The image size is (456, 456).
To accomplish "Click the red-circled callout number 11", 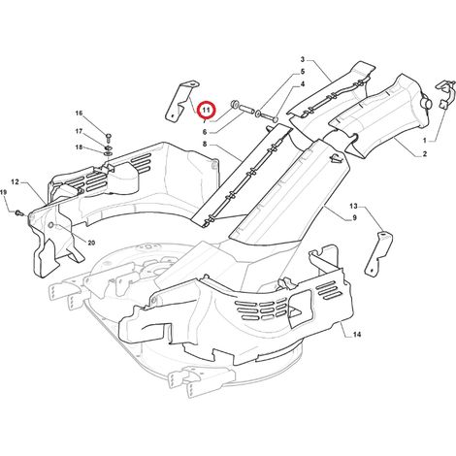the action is pos(206,111).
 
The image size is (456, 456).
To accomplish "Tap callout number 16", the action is pos(80,114).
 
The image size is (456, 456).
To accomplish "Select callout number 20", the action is pos(91,243).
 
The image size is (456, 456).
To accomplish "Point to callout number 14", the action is pos(357,335).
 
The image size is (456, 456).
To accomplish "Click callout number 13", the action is pos(353,206).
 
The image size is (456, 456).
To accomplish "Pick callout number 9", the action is pos(354,218).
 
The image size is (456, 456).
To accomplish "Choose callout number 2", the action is pos(425,154).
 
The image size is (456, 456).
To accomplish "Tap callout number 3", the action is pos(303,59).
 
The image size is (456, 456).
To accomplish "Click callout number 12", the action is pos(16,182).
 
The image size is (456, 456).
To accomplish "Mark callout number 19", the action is pos(3,192).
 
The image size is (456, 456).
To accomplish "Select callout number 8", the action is pos(205,144).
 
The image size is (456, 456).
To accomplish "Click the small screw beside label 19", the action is pos(19,212).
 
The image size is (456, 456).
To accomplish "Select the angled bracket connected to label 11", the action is pos(181,101).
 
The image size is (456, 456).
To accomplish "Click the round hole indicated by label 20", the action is pos(50,225).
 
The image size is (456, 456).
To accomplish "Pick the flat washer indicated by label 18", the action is pos(109,152).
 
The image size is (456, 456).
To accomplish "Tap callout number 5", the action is pos(303,72).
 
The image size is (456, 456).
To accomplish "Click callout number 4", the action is pos(303,84).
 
